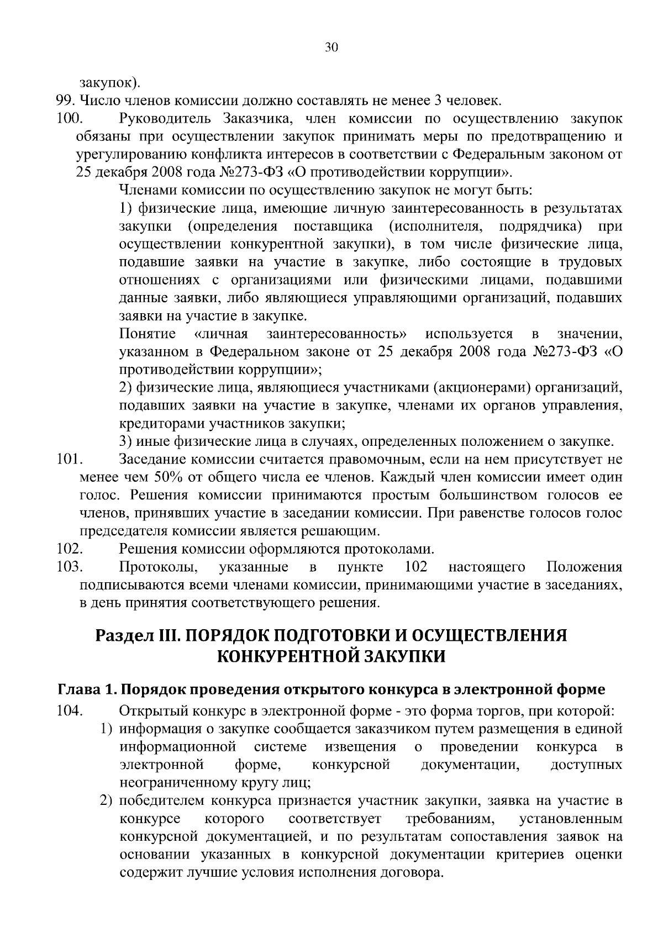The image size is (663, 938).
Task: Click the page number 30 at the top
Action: click(331, 48)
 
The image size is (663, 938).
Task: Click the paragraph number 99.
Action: click(65, 101)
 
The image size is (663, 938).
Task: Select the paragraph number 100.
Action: click(70, 119)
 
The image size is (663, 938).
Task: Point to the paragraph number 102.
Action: click(70, 550)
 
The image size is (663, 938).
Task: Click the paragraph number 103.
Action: click(70, 567)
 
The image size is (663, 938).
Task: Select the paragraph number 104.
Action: click(70, 711)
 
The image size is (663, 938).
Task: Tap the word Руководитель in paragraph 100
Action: click(166, 119)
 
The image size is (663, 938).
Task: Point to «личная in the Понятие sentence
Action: click(221, 334)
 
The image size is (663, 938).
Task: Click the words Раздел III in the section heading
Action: click(135, 635)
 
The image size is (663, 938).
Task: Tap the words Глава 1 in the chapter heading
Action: click(87, 690)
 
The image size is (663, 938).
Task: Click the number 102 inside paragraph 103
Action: click(416, 567)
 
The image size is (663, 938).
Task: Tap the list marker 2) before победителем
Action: click(107, 801)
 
